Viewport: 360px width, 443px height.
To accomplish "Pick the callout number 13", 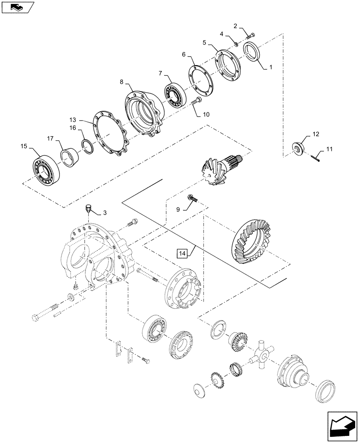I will (x=73, y=120).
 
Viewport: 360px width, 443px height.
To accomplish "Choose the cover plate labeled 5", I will (x=228, y=66).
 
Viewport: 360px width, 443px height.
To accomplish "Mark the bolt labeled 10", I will (x=196, y=102).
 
